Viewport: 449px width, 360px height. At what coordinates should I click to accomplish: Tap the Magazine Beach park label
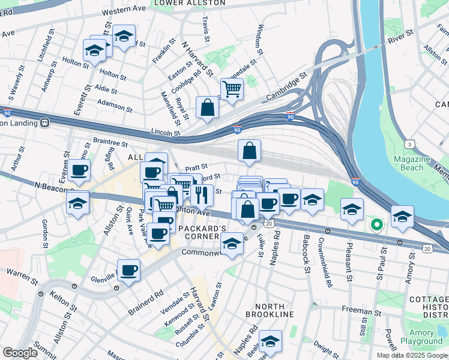412,164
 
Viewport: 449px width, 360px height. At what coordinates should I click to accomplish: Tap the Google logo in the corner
20,353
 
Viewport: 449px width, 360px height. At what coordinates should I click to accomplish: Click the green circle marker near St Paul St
376,226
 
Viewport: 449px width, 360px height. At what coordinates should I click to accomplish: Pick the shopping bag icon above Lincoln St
207,109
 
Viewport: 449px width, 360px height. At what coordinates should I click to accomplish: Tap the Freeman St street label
358,310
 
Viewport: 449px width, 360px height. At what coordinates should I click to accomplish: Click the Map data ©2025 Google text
411,355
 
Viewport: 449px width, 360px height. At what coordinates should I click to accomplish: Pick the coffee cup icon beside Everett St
79,170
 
